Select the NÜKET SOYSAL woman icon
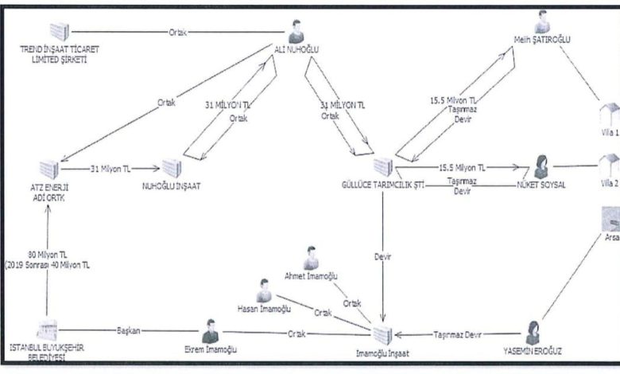coord(544,167)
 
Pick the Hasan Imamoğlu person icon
coord(264,290)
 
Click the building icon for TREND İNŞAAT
coord(60,31)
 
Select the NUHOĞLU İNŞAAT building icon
coord(172,166)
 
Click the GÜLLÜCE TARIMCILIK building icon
coord(383,166)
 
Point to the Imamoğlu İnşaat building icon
coord(383,334)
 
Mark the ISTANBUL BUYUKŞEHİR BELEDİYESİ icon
coord(48,333)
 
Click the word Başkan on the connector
coord(129,329)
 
